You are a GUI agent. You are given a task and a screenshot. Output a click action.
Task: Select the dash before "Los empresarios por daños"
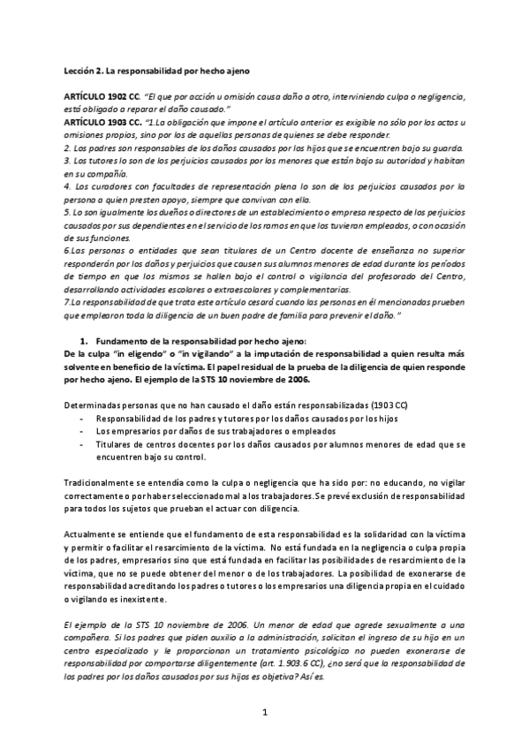tap(82, 430)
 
